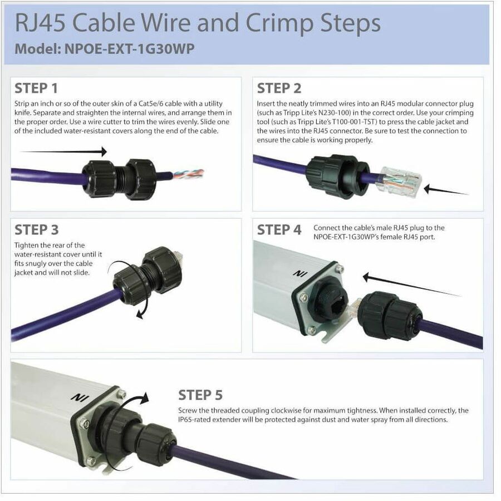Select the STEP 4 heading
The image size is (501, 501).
click(279, 230)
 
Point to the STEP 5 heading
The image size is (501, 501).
click(200, 395)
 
